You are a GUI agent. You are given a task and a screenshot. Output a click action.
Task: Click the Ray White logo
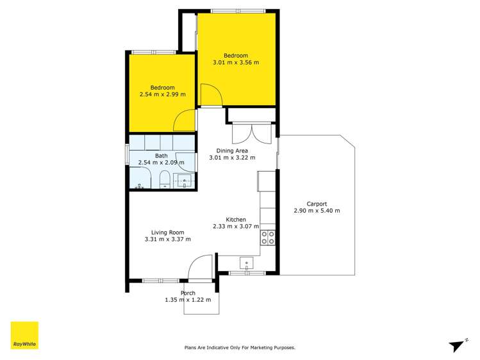tap(24, 335)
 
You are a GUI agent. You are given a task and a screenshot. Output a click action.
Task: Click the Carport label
tap(317, 204)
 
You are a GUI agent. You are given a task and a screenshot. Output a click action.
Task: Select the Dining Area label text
tap(232, 151)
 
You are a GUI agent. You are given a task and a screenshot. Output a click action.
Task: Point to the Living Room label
tap(168, 233)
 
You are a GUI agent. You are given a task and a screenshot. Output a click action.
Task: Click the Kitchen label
tap(236, 219)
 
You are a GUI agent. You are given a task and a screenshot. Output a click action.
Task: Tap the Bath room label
tap(161, 155)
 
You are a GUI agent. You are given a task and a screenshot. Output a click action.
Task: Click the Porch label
tap(188, 293)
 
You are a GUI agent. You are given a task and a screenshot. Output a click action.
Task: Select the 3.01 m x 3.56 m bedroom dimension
tap(236, 63)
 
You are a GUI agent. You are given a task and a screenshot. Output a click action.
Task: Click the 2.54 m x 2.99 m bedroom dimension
tap(162, 94)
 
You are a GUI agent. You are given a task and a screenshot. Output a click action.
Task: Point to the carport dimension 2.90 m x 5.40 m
tap(317, 211)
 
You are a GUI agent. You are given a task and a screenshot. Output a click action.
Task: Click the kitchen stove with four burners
tap(267, 238)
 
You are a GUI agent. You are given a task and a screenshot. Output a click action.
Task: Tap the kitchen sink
tap(247, 263)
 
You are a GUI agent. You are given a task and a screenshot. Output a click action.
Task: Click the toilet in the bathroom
tap(163, 179)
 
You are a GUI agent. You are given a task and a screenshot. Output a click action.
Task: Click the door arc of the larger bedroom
tap(211, 96)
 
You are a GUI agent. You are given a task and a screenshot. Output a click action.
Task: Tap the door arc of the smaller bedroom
tap(186, 122)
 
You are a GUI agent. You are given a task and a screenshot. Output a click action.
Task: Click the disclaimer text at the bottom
tap(240, 348)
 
